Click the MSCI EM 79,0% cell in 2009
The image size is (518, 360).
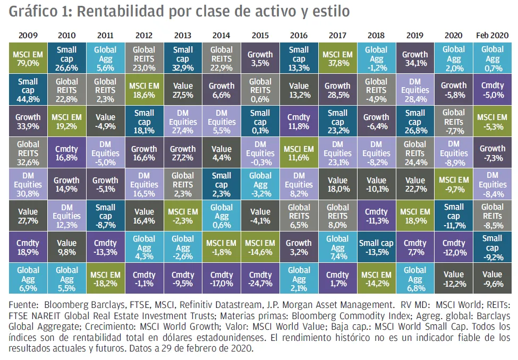tap(28, 58)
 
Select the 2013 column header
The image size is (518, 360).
tap(182, 36)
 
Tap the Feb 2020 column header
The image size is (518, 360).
tap(492, 36)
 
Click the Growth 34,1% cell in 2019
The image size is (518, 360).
tap(415, 58)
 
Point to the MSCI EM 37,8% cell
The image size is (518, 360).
tap(337, 58)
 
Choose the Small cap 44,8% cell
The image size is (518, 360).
tap(28, 90)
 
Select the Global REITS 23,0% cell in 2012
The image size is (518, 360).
tap(144, 58)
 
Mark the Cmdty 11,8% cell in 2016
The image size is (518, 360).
tap(299, 122)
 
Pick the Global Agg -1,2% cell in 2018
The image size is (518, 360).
tap(376, 58)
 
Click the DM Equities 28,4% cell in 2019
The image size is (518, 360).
tap(415, 90)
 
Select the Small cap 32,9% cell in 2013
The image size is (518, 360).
tap(182, 58)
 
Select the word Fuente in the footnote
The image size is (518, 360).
tap(22, 305)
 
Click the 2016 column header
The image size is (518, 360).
tap(299, 36)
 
